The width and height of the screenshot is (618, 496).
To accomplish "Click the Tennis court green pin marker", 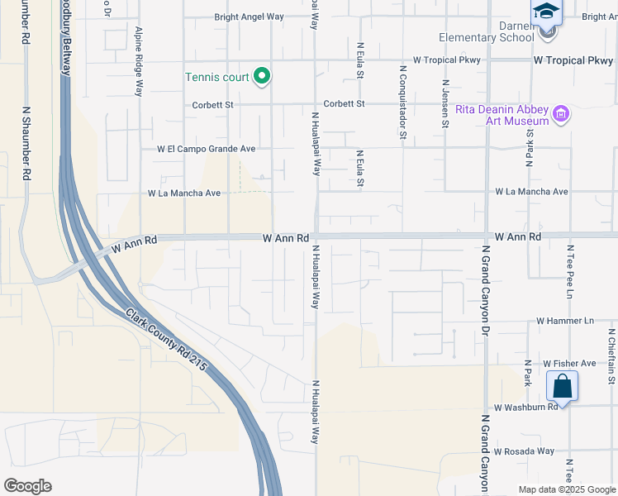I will [x=263, y=77].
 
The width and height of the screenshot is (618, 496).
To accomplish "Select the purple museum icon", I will [x=561, y=113].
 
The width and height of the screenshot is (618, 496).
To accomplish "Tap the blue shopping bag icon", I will [x=562, y=386].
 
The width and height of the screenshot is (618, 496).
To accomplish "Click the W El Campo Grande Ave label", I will [x=207, y=149].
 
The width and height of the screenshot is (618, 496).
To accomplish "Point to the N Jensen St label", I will [x=445, y=103].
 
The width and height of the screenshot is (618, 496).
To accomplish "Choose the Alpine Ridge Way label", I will [x=139, y=61].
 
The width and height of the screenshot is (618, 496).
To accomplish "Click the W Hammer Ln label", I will [x=565, y=320].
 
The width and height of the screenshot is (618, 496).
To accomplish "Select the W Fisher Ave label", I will [x=569, y=363].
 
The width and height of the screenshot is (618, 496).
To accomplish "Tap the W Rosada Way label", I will [x=524, y=451].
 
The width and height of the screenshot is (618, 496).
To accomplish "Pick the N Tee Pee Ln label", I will [x=569, y=271].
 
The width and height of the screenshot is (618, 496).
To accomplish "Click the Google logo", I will [x=27, y=485].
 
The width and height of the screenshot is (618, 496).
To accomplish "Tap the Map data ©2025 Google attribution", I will [x=566, y=489].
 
